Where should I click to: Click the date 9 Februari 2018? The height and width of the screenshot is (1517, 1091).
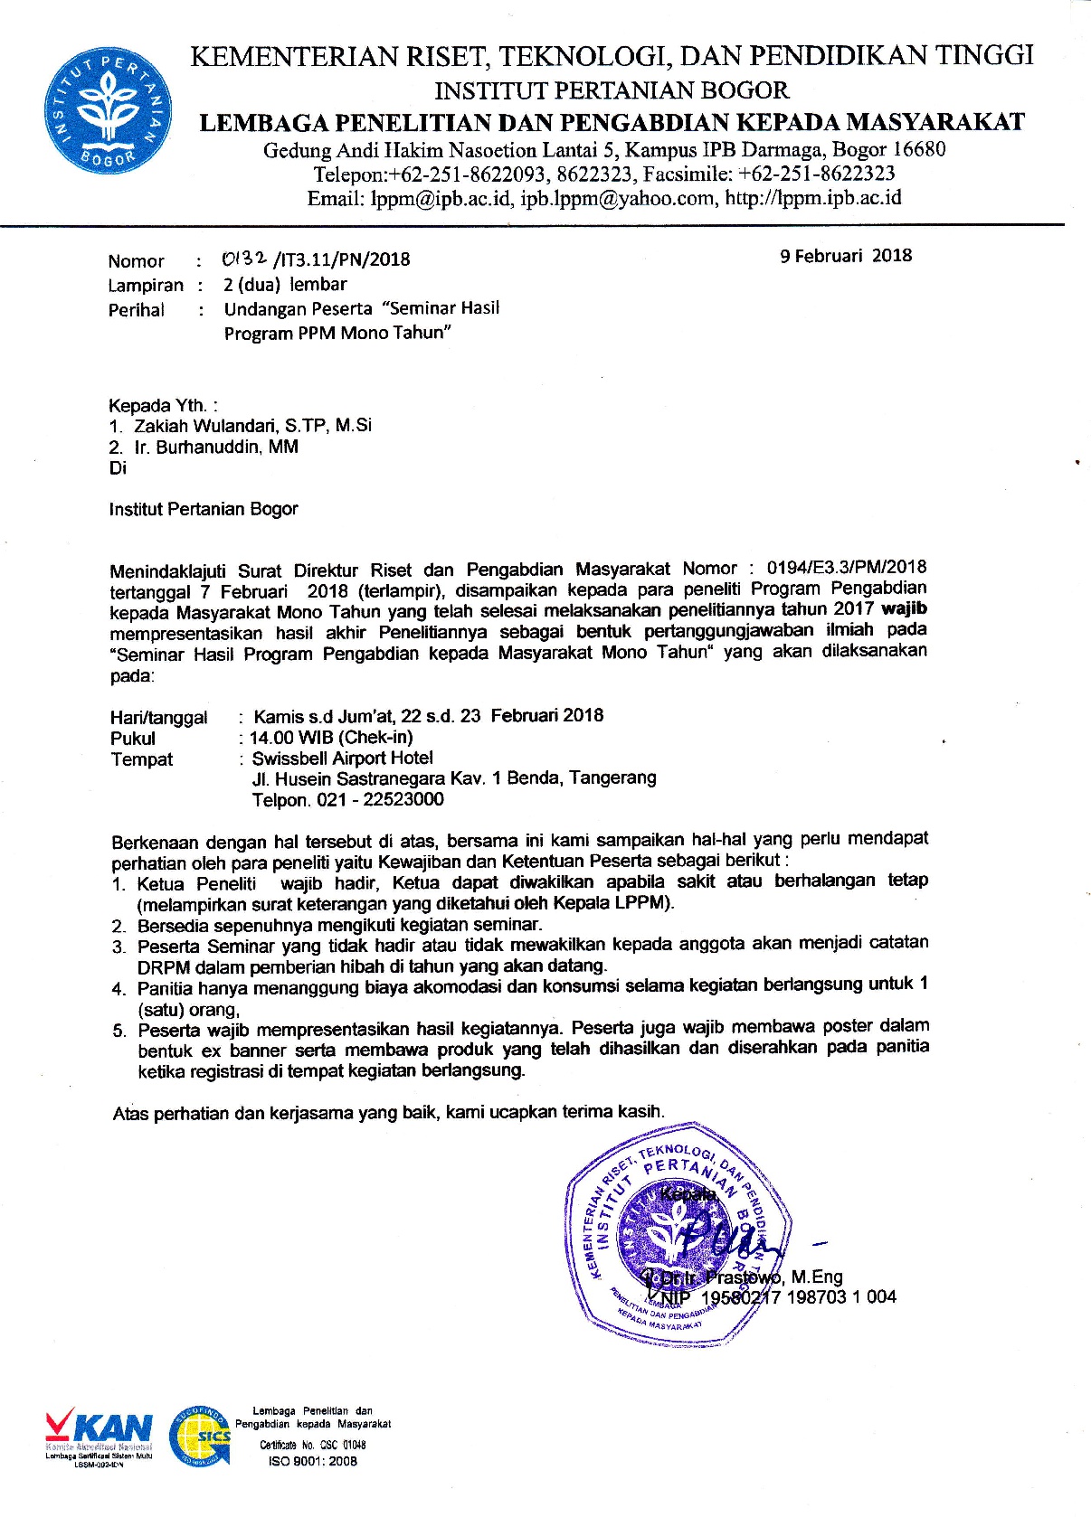[846, 256]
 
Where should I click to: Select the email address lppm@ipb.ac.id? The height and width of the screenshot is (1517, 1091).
[441, 199]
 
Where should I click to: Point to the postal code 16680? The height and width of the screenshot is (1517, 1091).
[918, 149]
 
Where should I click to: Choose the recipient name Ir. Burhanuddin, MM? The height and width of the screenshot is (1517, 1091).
[216, 448]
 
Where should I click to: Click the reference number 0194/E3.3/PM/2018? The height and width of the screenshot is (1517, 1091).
[846, 568]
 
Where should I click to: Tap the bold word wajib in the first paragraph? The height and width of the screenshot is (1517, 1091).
[905, 608]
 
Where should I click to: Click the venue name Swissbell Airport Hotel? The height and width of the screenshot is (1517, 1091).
[342, 758]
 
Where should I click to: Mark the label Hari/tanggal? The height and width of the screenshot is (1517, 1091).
[158, 718]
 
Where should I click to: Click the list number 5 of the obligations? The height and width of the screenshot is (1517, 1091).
[119, 1031]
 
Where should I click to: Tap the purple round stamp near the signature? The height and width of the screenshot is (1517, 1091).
[678, 1230]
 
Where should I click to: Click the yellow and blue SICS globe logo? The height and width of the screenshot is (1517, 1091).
[200, 1436]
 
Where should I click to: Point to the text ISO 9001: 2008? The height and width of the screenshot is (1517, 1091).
[313, 1461]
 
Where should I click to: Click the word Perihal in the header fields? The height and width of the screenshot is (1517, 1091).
[137, 310]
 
